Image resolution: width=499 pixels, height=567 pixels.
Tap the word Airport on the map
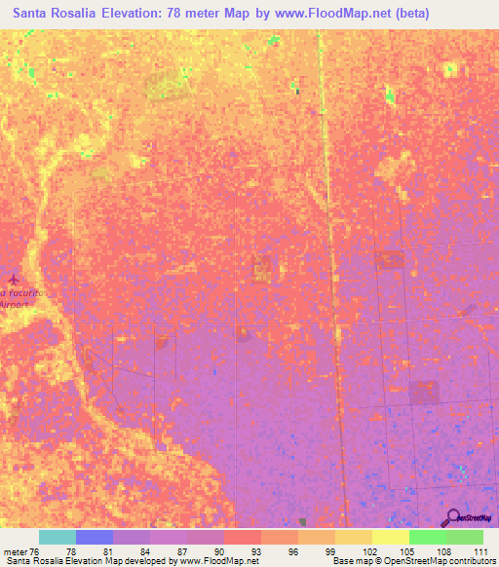pos(16,304)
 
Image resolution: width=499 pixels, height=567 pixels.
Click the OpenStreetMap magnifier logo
pos(452,518)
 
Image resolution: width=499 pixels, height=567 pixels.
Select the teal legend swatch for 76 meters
pos(58,537)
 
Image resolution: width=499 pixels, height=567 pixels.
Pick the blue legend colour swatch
pos(95,537)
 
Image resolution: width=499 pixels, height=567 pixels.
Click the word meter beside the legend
pos(17,550)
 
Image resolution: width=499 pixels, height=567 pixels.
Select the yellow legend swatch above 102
pos(354,537)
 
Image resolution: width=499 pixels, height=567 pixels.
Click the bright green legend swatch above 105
pos(427,537)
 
